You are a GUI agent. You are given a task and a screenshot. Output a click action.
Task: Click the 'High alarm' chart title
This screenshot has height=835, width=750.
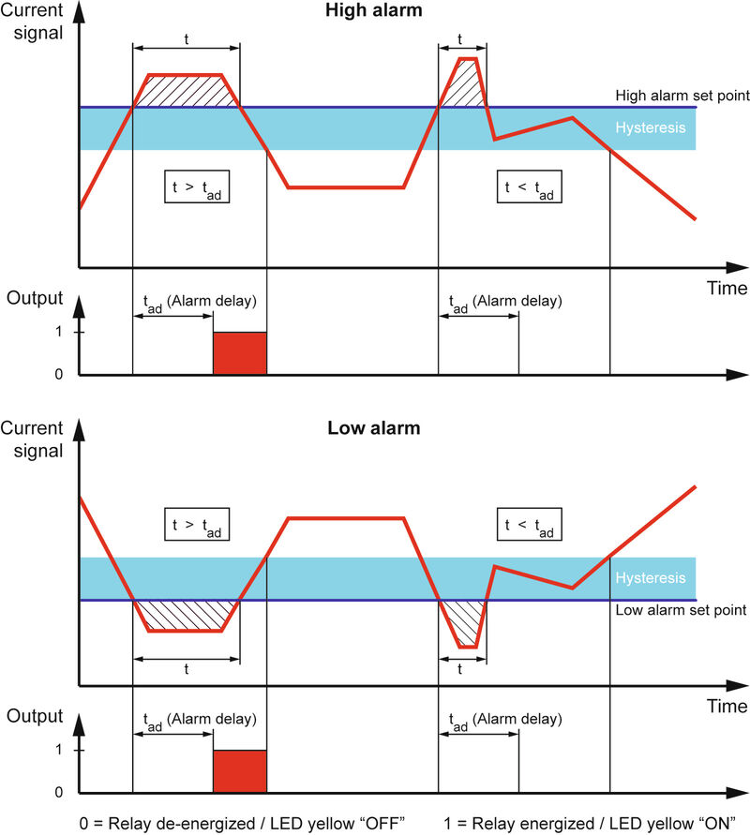point(373,11)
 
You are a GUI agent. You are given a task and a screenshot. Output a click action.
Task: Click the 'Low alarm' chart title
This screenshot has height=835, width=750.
point(373,429)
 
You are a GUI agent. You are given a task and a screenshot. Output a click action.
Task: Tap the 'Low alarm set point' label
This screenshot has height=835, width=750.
point(680,610)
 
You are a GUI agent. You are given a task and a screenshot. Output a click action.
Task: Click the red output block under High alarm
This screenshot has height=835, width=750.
point(240,353)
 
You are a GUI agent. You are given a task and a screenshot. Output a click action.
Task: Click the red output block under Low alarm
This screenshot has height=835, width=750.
point(240,771)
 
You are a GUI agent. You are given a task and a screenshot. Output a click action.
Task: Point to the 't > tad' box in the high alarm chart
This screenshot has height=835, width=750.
point(196,187)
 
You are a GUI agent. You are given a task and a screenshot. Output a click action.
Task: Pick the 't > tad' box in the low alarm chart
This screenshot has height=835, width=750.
point(196,525)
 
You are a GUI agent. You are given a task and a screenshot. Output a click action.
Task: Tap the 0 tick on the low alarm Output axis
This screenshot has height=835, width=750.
point(58,793)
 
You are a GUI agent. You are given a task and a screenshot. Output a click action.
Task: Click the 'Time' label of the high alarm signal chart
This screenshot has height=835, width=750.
point(727,288)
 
